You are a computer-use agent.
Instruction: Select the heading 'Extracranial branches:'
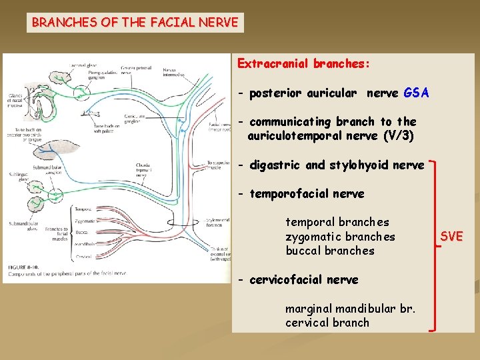coord(303,64)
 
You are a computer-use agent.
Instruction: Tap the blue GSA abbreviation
coord(416,93)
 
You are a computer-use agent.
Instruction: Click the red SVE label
coord(451,237)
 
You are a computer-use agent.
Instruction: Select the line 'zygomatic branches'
coord(340,237)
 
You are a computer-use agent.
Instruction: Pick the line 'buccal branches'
coord(330,251)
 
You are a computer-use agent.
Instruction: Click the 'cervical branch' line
coord(327,323)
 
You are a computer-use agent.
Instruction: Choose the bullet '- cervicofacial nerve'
coord(299,279)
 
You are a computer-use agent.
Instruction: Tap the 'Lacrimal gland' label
coord(82,64)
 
